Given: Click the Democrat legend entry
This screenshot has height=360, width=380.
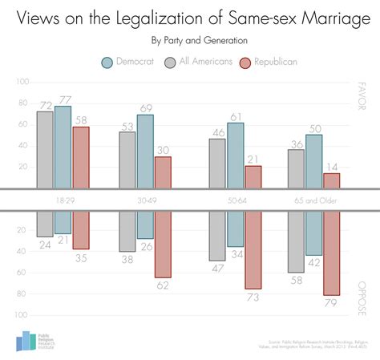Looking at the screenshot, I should click(x=131, y=61).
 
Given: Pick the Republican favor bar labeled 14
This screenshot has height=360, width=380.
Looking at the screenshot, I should click(x=331, y=180).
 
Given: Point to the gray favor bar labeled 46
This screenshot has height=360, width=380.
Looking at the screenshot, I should click(x=217, y=164).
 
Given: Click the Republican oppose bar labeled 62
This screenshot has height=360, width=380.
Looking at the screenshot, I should click(x=163, y=245).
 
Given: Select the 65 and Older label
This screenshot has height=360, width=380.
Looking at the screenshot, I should click(x=314, y=200).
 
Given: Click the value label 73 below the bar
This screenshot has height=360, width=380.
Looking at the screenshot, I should click(x=253, y=297).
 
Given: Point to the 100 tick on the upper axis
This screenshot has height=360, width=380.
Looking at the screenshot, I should click(x=22, y=82).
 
